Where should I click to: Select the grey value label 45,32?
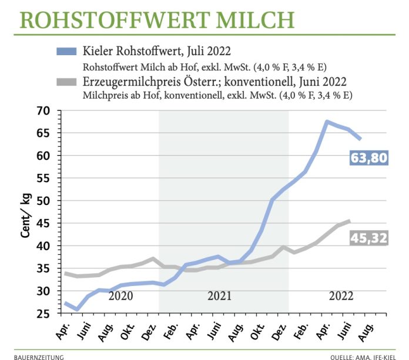pyautogui.click(x=369, y=238)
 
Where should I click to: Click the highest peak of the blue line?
pyautogui.click(x=327, y=122)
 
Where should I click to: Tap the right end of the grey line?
pyautogui.click(x=351, y=221)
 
